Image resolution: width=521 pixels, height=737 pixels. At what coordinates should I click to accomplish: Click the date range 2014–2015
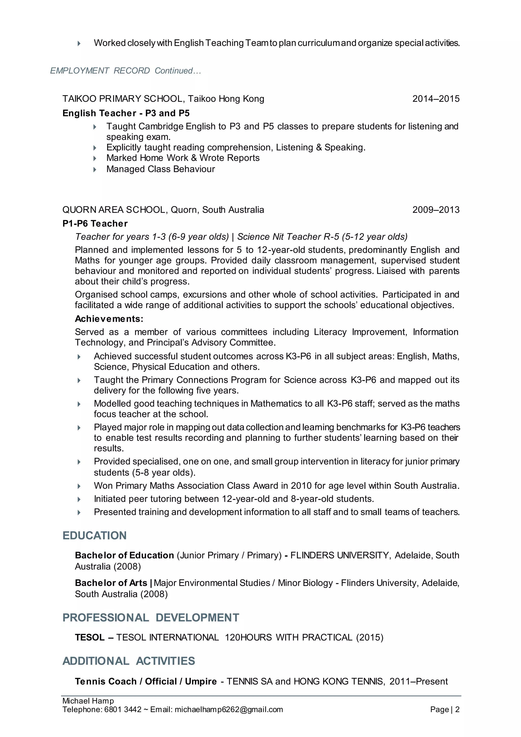(436, 98)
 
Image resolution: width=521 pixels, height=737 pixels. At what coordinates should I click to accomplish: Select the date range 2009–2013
(436, 210)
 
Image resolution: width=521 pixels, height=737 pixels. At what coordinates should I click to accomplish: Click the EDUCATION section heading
(94, 536)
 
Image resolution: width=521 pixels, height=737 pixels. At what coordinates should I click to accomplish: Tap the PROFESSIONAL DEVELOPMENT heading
(151, 618)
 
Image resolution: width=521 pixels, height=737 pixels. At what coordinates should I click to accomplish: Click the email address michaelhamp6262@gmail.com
(229, 710)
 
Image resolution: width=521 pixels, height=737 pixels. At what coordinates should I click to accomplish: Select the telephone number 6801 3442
(123, 710)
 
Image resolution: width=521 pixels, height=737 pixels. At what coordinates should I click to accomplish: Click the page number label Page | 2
(445, 710)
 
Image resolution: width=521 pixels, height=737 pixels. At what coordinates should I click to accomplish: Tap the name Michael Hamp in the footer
(88, 701)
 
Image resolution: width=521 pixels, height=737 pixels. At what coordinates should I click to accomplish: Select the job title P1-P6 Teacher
(95, 223)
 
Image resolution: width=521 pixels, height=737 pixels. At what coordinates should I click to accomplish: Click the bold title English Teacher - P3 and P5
(126, 113)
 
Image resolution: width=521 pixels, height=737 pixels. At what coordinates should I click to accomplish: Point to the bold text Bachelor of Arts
(111, 583)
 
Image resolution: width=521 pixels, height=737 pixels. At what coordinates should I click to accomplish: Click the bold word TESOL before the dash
(90, 637)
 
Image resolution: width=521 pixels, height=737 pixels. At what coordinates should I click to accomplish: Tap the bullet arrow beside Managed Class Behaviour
(95, 169)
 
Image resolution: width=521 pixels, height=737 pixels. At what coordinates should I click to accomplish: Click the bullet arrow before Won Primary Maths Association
(79, 486)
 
